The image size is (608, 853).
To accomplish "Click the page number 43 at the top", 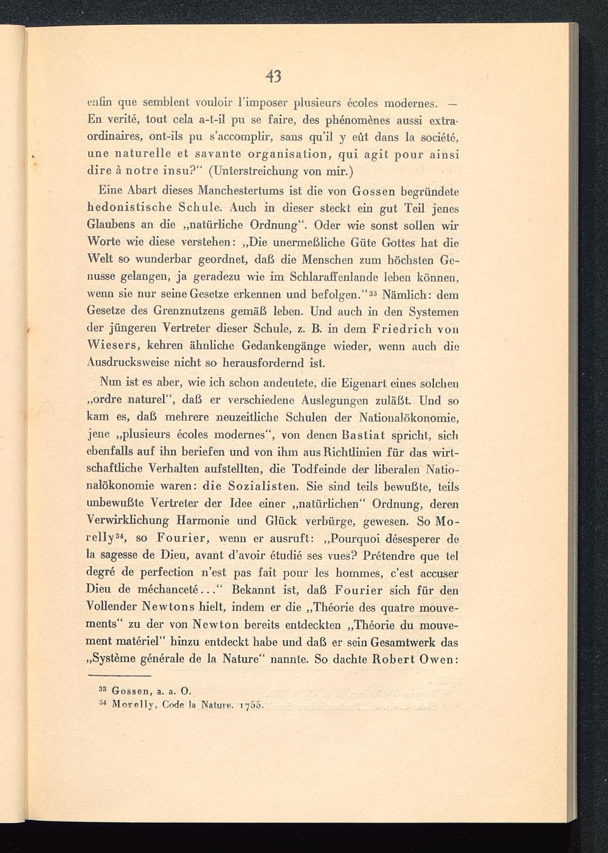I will click(274, 77).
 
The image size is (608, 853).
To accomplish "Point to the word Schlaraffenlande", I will click(345, 278).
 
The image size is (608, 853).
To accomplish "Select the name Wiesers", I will click(115, 346).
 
